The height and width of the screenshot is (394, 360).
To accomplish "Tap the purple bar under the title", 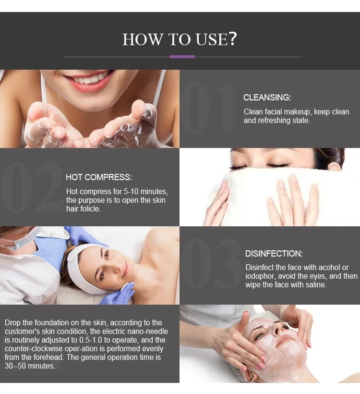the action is [182, 57].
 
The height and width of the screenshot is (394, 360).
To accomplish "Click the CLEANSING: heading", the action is [267, 98].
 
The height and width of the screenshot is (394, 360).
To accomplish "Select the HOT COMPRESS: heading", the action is [99, 177].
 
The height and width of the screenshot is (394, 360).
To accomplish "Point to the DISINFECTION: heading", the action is [274, 254].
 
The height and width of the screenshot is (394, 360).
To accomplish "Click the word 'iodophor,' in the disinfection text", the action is [261, 276].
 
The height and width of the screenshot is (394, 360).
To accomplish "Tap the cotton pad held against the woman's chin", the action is [126, 288].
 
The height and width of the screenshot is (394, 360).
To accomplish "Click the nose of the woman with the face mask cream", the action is [276, 329].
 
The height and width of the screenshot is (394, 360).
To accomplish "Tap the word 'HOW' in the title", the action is [143, 39].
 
